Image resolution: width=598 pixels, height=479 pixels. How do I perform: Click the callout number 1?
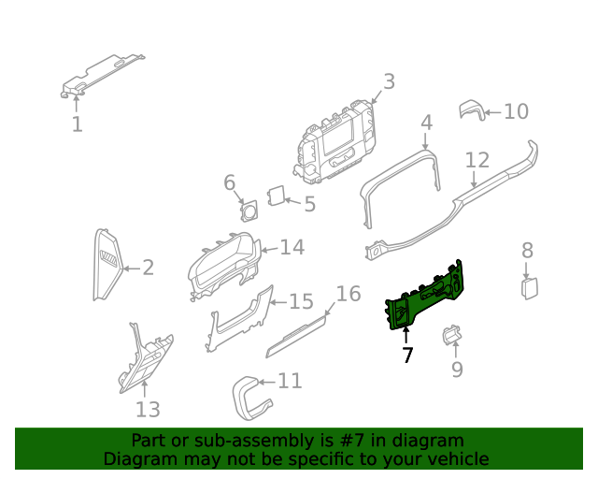point(78,124)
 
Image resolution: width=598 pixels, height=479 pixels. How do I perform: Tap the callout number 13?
point(148,409)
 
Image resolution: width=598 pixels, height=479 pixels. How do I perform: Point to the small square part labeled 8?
point(529,285)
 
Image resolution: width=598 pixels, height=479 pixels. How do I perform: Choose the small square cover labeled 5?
point(277,195)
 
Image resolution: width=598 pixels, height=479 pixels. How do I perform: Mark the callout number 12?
point(477,159)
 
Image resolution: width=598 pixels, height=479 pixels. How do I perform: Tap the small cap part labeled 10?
point(472,111)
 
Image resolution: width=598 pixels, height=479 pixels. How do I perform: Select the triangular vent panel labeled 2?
point(107,264)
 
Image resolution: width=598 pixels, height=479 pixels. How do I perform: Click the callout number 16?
point(348,294)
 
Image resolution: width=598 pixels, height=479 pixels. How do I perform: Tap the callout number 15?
point(301,301)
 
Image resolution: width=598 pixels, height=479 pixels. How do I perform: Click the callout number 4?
point(426,123)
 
